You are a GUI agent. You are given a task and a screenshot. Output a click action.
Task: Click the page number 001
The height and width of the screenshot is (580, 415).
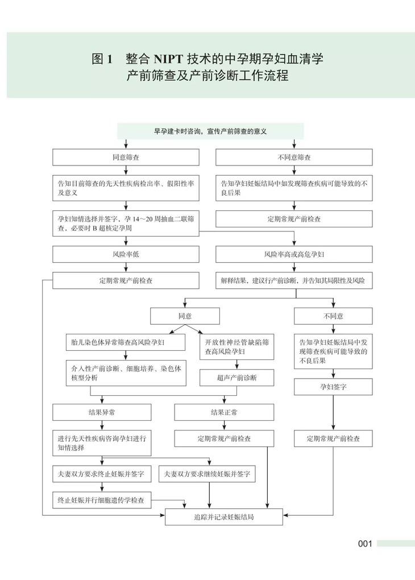(x=364, y=544)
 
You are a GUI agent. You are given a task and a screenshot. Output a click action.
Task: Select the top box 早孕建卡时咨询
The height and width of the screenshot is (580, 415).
(x=210, y=131)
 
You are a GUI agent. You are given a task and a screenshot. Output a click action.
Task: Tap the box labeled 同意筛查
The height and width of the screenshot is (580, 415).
(x=126, y=157)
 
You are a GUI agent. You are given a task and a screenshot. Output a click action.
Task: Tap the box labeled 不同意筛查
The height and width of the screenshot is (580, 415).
(x=294, y=157)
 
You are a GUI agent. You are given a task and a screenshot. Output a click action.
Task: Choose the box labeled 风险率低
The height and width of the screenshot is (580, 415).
(x=126, y=254)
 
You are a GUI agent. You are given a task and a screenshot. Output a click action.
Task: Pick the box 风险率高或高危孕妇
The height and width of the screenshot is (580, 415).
(x=294, y=254)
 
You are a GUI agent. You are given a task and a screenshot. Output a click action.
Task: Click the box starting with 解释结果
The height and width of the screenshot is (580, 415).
(x=294, y=280)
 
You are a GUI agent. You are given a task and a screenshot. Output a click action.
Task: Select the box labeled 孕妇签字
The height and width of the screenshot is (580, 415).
(x=333, y=387)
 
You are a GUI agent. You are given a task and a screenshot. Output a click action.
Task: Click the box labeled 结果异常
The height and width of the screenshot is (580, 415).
(x=102, y=412)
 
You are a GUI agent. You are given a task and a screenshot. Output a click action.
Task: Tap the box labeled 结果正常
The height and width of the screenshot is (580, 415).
(x=224, y=412)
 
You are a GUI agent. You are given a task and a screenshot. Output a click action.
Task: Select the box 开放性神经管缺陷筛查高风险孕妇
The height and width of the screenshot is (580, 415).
(x=237, y=347)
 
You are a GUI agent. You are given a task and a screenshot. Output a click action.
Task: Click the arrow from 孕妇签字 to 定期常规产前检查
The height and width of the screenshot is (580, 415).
(x=333, y=413)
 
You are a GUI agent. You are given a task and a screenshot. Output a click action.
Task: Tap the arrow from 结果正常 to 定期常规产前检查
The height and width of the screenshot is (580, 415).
(x=224, y=425)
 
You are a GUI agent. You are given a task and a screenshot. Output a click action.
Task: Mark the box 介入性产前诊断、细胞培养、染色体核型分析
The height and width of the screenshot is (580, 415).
(x=126, y=373)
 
